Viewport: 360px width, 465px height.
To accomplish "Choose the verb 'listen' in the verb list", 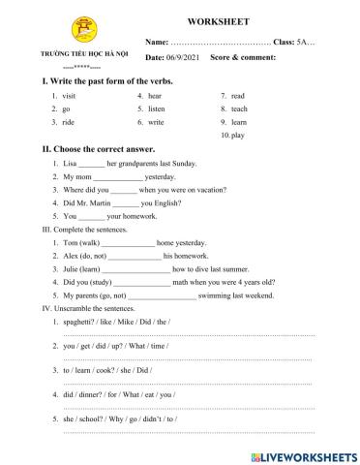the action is click(159, 109).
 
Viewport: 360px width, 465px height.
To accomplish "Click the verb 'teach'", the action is click(242, 109).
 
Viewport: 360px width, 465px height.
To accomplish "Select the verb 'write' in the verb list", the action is click(158, 123).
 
